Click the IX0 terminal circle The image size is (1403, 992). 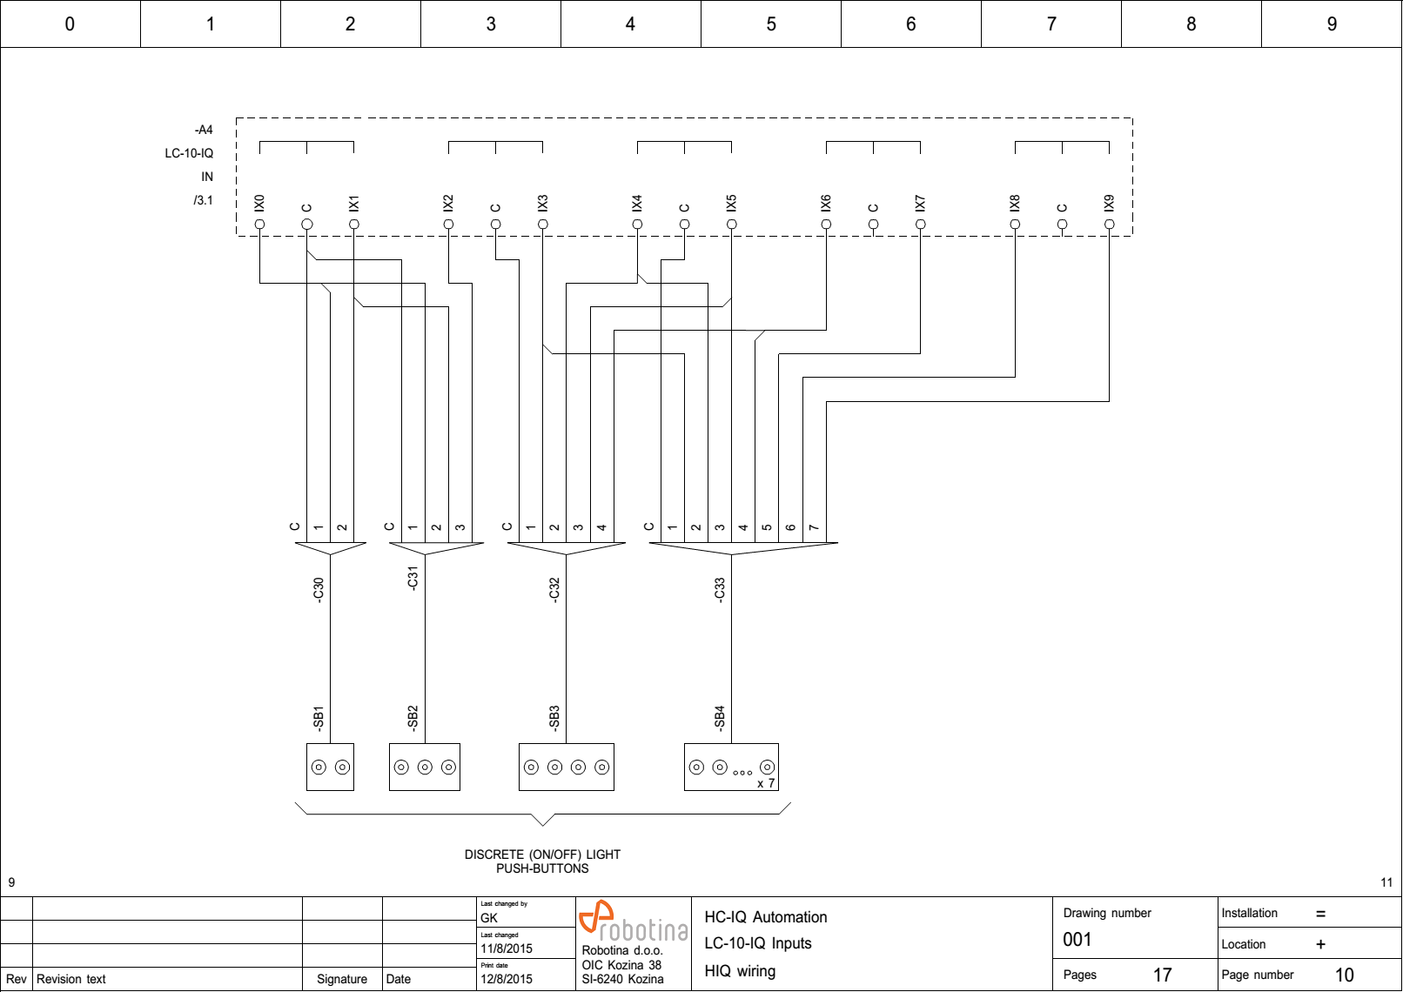[x=259, y=225]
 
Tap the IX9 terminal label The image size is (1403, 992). [x=1109, y=203]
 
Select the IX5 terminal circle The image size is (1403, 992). [x=731, y=225]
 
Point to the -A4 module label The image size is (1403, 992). [x=204, y=130]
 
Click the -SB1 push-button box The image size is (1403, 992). [x=330, y=767]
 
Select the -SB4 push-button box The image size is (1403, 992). [x=731, y=767]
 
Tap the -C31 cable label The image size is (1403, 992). [x=413, y=578]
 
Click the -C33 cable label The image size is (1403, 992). [x=719, y=589]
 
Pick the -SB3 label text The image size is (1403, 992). [x=554, y=718]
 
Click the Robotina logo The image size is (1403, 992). [x=633, y=922]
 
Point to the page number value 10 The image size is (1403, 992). [x=1344, y=975]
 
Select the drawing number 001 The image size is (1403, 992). [x=1077, y=940]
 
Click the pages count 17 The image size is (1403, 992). [x=1162, y=975]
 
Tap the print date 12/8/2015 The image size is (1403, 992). [x=507, y=979]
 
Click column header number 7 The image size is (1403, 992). [x=1051, y=23]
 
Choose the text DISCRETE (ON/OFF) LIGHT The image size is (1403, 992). [x=542, y=855]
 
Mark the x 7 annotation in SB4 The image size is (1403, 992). [x=766, y=783]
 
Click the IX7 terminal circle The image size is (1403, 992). [x=920, y=225]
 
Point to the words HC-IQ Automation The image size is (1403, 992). [x=765, y=917]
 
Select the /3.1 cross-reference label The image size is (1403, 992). [x=203, y=200]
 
